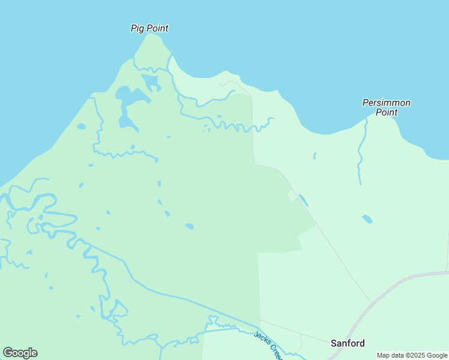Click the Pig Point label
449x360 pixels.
point(149,28)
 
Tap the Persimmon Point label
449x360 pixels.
point(387,107)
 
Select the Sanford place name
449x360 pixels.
point(348,343)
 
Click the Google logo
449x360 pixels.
point(20,353)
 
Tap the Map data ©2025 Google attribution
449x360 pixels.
point(412,355)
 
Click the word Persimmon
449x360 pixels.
point(387,103)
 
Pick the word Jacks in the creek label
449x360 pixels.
point(261,338)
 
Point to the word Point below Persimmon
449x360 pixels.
point(387,112)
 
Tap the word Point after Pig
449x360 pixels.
point(157,28)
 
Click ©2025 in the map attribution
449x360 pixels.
point(414,355)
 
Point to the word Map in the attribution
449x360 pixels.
point(383,355)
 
